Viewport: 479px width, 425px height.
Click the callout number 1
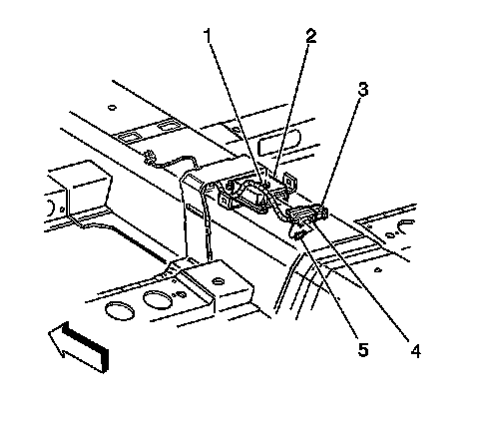click(208, 36)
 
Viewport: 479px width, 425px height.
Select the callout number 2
click(311, 36)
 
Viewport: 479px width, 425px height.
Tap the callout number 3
click(363, 89)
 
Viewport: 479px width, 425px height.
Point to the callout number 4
click(415, 350)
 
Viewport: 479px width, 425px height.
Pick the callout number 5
click(363, 349)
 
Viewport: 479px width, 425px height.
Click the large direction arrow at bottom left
click(79, 346)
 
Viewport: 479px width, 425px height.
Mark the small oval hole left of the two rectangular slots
click(112, 108)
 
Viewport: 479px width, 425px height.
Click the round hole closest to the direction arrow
click(120, 311)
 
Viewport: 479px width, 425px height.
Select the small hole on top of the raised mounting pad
click(218, 281)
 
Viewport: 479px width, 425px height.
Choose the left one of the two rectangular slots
click(128, 136)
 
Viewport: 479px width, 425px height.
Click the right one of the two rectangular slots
click(167, 126)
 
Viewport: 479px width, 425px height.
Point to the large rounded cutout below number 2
click(279, 142)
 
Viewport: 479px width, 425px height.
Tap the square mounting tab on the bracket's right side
click(288, 181)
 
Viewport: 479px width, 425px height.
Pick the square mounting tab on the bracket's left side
click(224, 202)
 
